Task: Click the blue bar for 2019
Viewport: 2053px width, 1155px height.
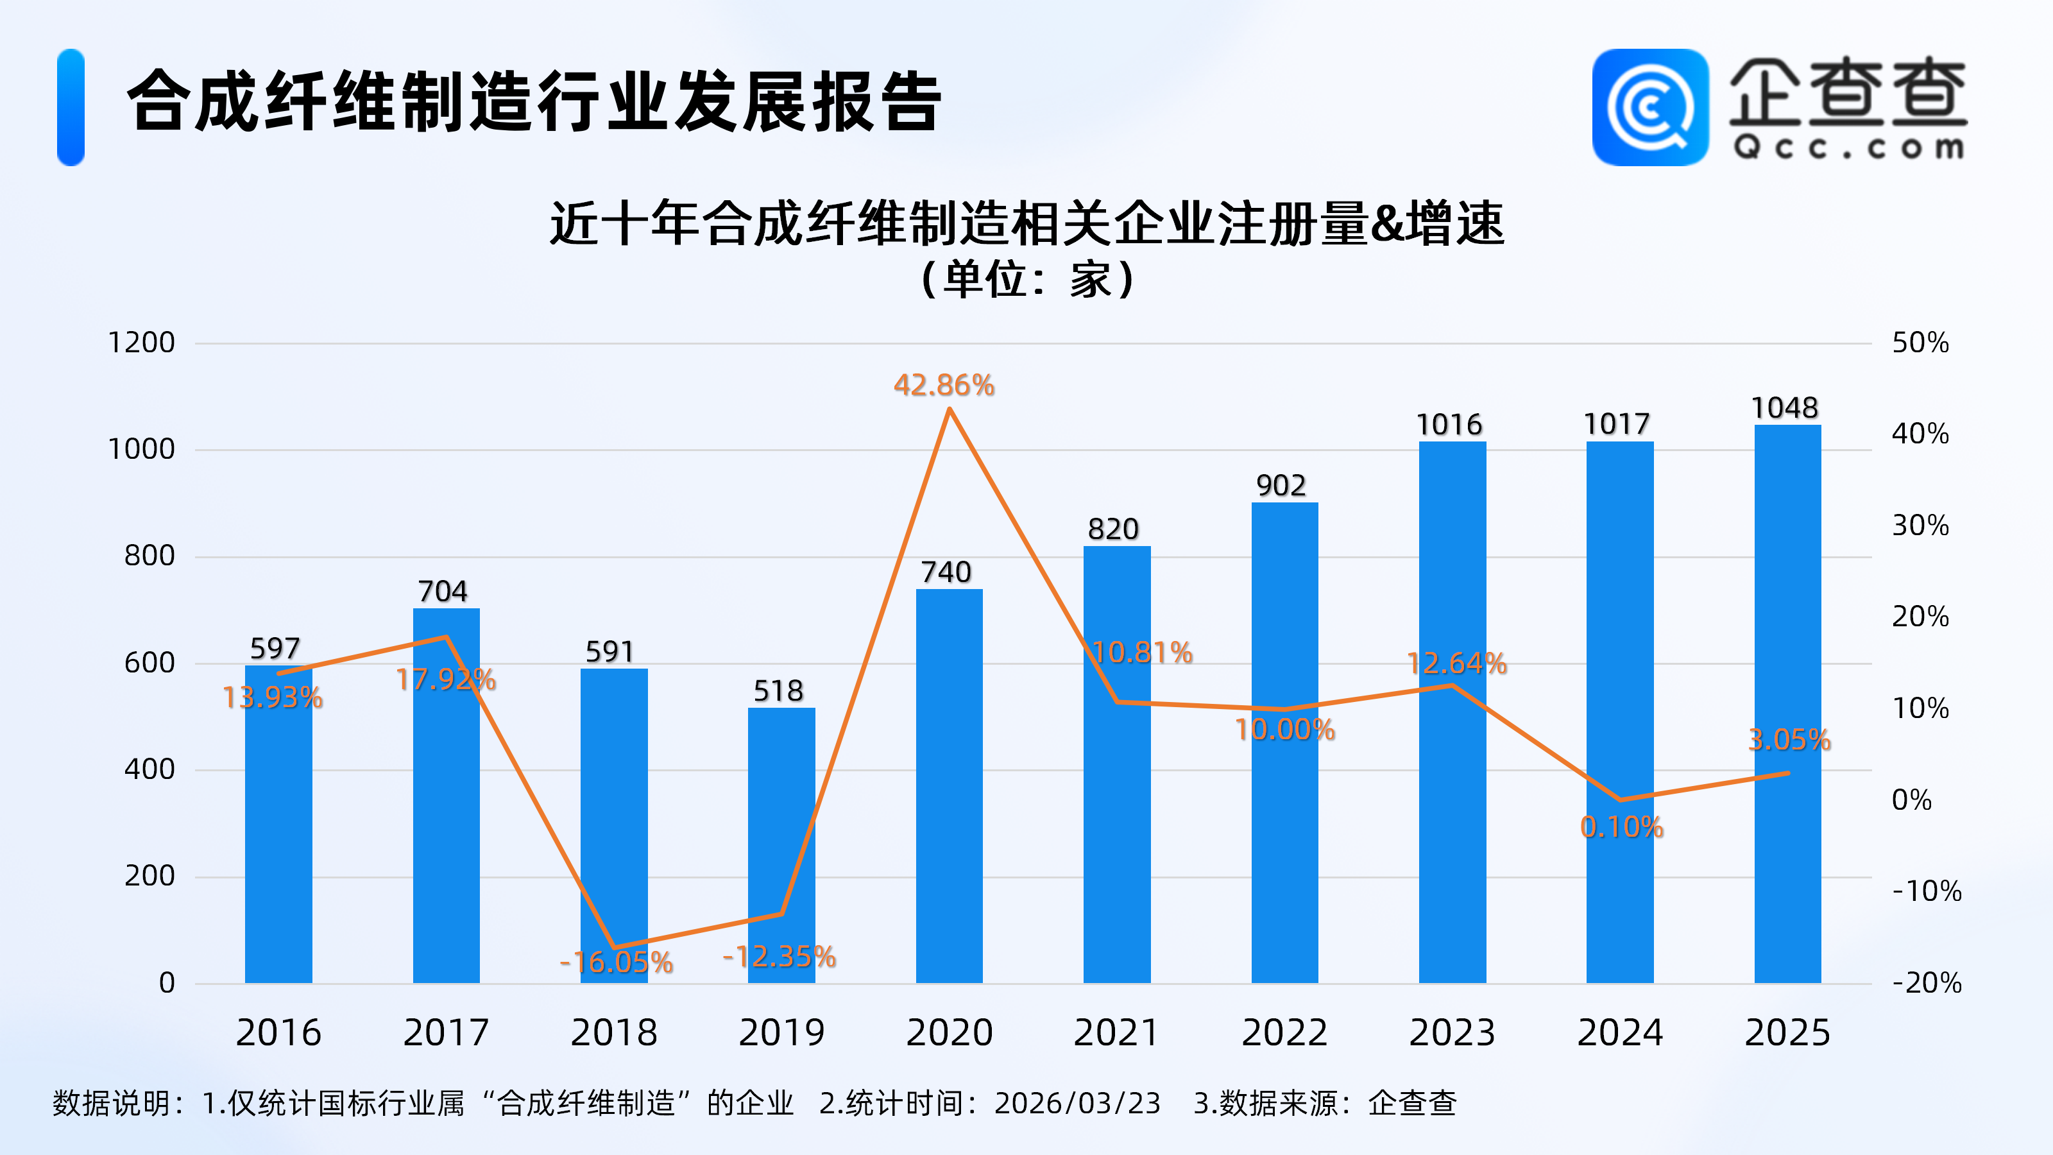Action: [x=781, y=845]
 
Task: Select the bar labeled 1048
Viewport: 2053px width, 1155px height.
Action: [x=1787, y=701]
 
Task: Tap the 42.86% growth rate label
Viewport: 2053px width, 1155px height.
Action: [x=944, y=386]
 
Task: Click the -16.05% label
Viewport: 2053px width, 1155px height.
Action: [x=616, y=962]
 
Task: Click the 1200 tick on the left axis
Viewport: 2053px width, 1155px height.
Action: [x=141, y=343]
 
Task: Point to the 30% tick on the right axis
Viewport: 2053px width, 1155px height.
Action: [x=1920, y=526]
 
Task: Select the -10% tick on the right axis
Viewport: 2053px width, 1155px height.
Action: [x=1926, y=891]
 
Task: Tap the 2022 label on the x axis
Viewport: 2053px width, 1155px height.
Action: [x=1284, y=1033]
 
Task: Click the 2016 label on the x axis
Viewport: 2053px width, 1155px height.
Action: [x=278, y=1033]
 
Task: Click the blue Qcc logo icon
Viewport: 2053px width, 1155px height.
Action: [x=1649, y=108]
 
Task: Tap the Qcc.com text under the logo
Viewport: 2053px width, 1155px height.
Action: [x=1848, y=148]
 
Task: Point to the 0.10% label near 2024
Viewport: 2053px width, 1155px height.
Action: [x=1621, y=827]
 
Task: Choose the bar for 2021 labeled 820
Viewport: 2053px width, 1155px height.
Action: [x=1116, y=766]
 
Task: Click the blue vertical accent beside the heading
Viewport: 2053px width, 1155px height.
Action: [x=71, y=108]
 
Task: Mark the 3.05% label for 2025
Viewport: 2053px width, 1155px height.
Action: [x=1789, y=740]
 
